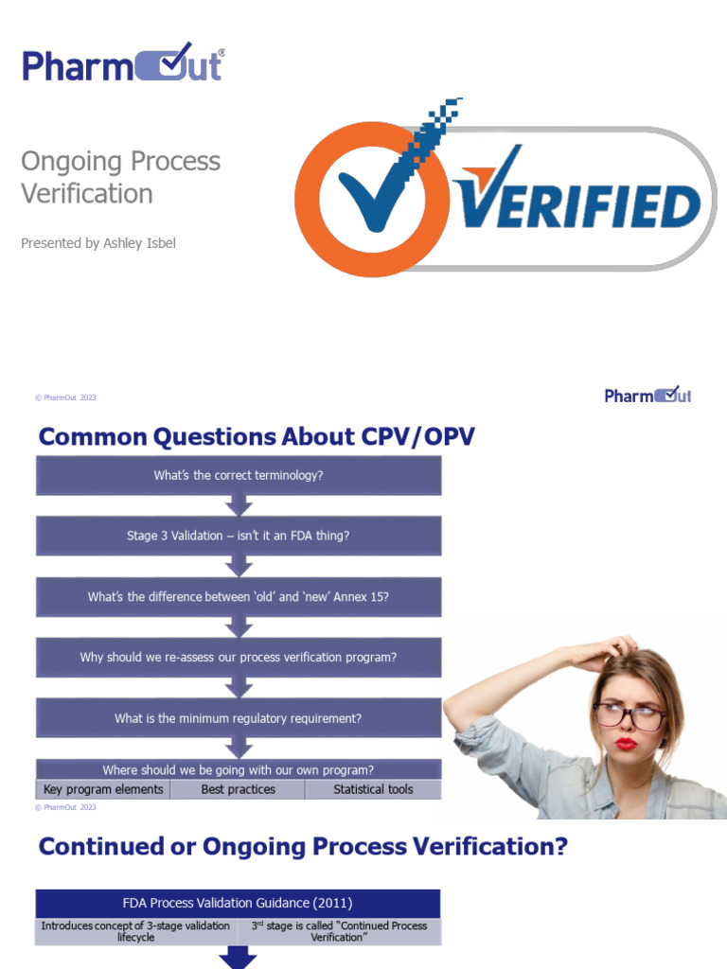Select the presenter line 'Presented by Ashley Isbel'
pos(98,243)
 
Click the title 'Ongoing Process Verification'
pos(120,177)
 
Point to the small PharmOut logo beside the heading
pos(647,395)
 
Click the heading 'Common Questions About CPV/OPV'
pos(257,436)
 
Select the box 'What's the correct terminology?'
pos(239,475)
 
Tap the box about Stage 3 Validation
pos(239,536)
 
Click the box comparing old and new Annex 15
pos(239,596)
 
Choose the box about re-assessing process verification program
pos(239,657)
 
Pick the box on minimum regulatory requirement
pos(239,718)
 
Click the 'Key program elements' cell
pos(103,789)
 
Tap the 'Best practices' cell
pos(239,789)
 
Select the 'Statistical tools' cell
pos(373,789)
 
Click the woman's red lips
pos(626,744)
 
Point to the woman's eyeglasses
pos(629,715)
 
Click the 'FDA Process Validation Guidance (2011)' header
pos(239,903)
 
